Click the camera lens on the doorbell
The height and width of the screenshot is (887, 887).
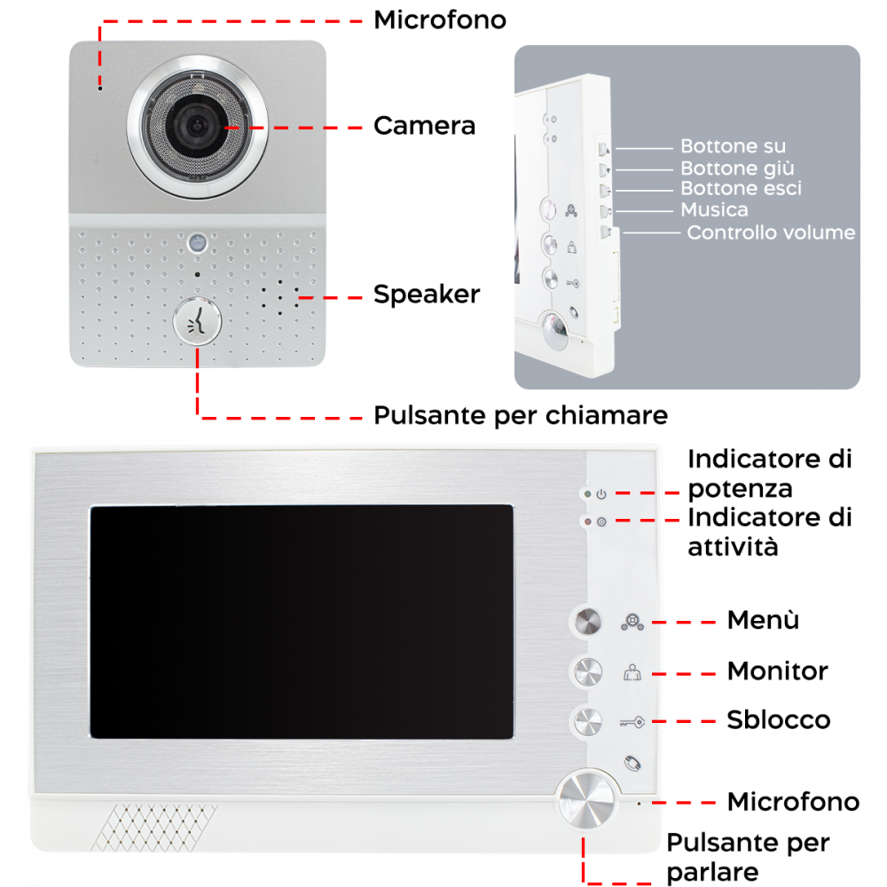[x=196, y=125]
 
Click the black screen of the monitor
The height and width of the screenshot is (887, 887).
[x=302, y=621]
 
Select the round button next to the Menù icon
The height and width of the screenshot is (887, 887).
[x=587, y=622]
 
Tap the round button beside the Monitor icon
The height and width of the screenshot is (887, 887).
[x=587, y=671]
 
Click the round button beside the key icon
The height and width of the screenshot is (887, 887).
[x=587, y=720]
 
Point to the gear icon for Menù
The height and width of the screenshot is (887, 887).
[x=631, y=622]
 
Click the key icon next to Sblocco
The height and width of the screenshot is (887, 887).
[x=631, y=721]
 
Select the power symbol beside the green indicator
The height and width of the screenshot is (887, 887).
[x=601, y=494]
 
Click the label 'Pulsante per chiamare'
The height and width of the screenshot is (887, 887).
[x=520, y=415]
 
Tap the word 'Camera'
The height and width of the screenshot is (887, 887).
[x=424, y=126]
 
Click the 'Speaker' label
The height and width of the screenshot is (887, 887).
[x=426, y=294]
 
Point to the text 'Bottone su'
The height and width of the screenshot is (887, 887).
[x=733, y=146]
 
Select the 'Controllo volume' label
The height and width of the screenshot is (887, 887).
[x=771, y=232]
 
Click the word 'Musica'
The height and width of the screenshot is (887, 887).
[x=714, y=210]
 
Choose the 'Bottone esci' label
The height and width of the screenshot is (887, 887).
[x=741, y=189]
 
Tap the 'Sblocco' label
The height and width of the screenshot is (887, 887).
[x=779, y=719]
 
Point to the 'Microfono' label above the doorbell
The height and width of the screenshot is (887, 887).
[x=439, y=20]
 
